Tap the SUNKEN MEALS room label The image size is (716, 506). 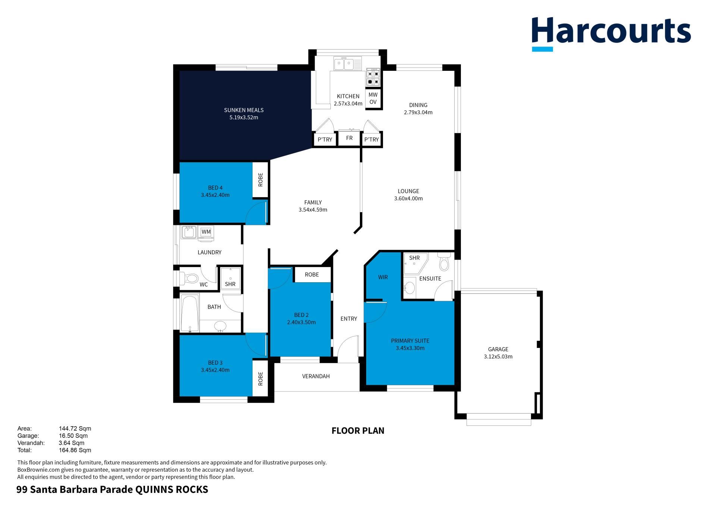[x=244, y=110]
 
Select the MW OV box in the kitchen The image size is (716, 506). [x=373, y=98]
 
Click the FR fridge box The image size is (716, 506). [x=349, y=138]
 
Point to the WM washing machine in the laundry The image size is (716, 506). [x=206, y=232]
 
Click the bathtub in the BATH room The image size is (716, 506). [x=190, y=313]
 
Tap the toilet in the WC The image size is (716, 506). [x=189, y=278]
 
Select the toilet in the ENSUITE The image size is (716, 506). [x=444, y=262]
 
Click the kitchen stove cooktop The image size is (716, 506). [x=373, y=77]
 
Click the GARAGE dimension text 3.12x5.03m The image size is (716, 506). [x=498, y=356]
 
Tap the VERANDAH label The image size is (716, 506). [x=316, y=376]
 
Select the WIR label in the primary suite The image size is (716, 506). [x=383, y=277]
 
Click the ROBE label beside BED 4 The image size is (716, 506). [x=260, y=180]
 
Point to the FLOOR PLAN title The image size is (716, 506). [x=358, y=431]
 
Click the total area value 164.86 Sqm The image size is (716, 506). [x=75, y=450]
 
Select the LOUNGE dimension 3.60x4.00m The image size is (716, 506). [x=408, y=198]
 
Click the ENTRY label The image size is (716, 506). [x=349, y=318]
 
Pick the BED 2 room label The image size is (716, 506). [x=301, y=315]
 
